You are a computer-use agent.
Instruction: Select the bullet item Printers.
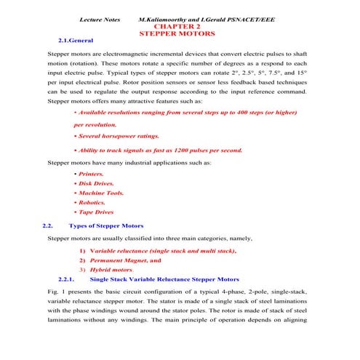91,175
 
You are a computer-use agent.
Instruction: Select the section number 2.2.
49,226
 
